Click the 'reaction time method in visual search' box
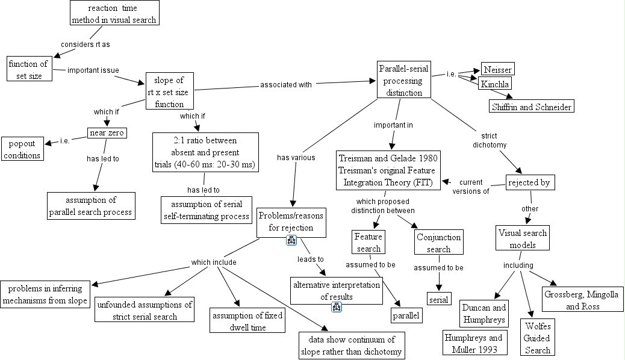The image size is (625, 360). click(114, 14)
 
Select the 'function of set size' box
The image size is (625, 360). click(27, 69)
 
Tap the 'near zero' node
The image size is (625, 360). click(107, 133)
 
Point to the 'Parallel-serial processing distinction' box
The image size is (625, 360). click(404, 79)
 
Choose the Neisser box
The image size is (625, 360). click(497, 69)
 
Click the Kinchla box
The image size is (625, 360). click(495, 84)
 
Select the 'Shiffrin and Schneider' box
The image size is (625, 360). click(531, 106)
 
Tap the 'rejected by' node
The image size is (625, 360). click(529, 182)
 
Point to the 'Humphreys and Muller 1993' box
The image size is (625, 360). click(473, 343)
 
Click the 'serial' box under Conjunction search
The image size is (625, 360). click(438, 299)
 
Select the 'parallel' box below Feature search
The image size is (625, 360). click(405, 314)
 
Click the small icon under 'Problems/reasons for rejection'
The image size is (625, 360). click(291, 241)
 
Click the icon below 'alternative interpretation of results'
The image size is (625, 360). click(336, 308)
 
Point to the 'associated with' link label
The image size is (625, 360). click(286, 85)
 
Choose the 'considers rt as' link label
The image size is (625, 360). click(86, 45)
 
